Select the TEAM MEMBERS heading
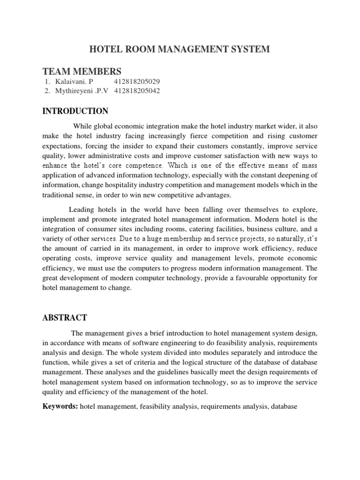[82, 71]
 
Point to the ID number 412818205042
[137, 91]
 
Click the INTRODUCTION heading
[75, 111]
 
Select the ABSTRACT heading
[65, 317]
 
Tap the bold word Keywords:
[60, 407]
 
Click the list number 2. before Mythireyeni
[47, 91]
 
